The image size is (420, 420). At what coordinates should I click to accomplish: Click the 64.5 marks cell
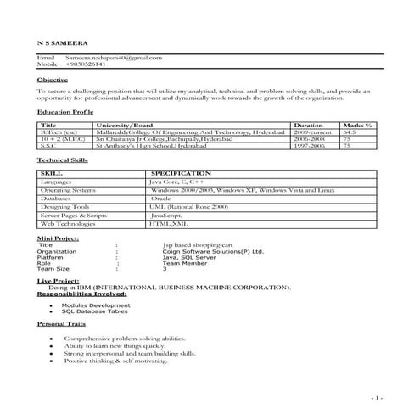click(348, 132)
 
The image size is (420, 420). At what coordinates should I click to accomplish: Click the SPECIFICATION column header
click(182, 172)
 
